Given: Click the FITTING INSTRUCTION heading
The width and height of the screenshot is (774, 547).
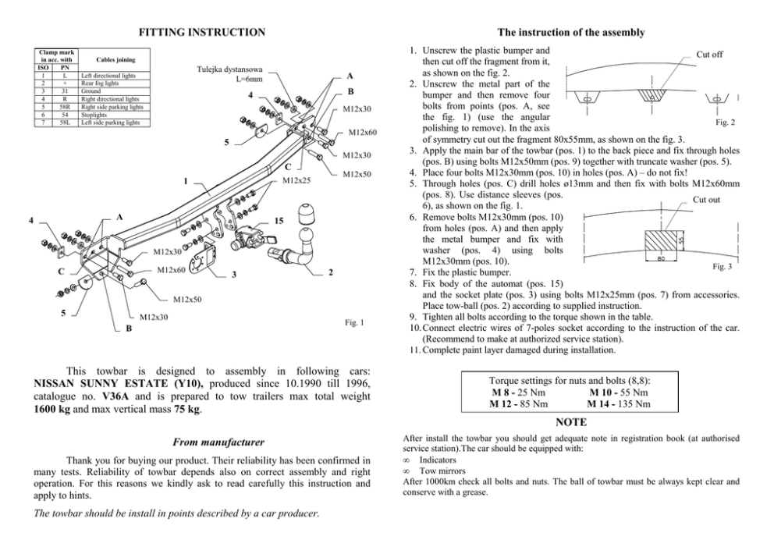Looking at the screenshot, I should pyautogui.click(x=201, y=33).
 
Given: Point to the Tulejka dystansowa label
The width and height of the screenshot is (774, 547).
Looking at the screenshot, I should pyautogui.click(x=231, y=69).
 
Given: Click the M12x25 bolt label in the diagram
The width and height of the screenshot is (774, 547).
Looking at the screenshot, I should pyautogui.click(x=296, y=181).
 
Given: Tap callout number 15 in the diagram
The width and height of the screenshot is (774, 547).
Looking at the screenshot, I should pyautogui.click(x=280, y=222).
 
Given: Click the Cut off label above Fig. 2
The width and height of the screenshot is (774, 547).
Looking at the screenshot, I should pyautogui.click(x=709, y=55).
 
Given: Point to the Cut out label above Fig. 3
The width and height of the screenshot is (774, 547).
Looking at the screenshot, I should pyautogui.click(x=706, y=199).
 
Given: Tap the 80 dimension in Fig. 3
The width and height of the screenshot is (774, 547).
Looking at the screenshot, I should pyautogui.click(x=661, y=258).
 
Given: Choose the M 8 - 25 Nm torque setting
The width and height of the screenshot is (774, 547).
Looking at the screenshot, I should pyautogui.click(x=517, y=392).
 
